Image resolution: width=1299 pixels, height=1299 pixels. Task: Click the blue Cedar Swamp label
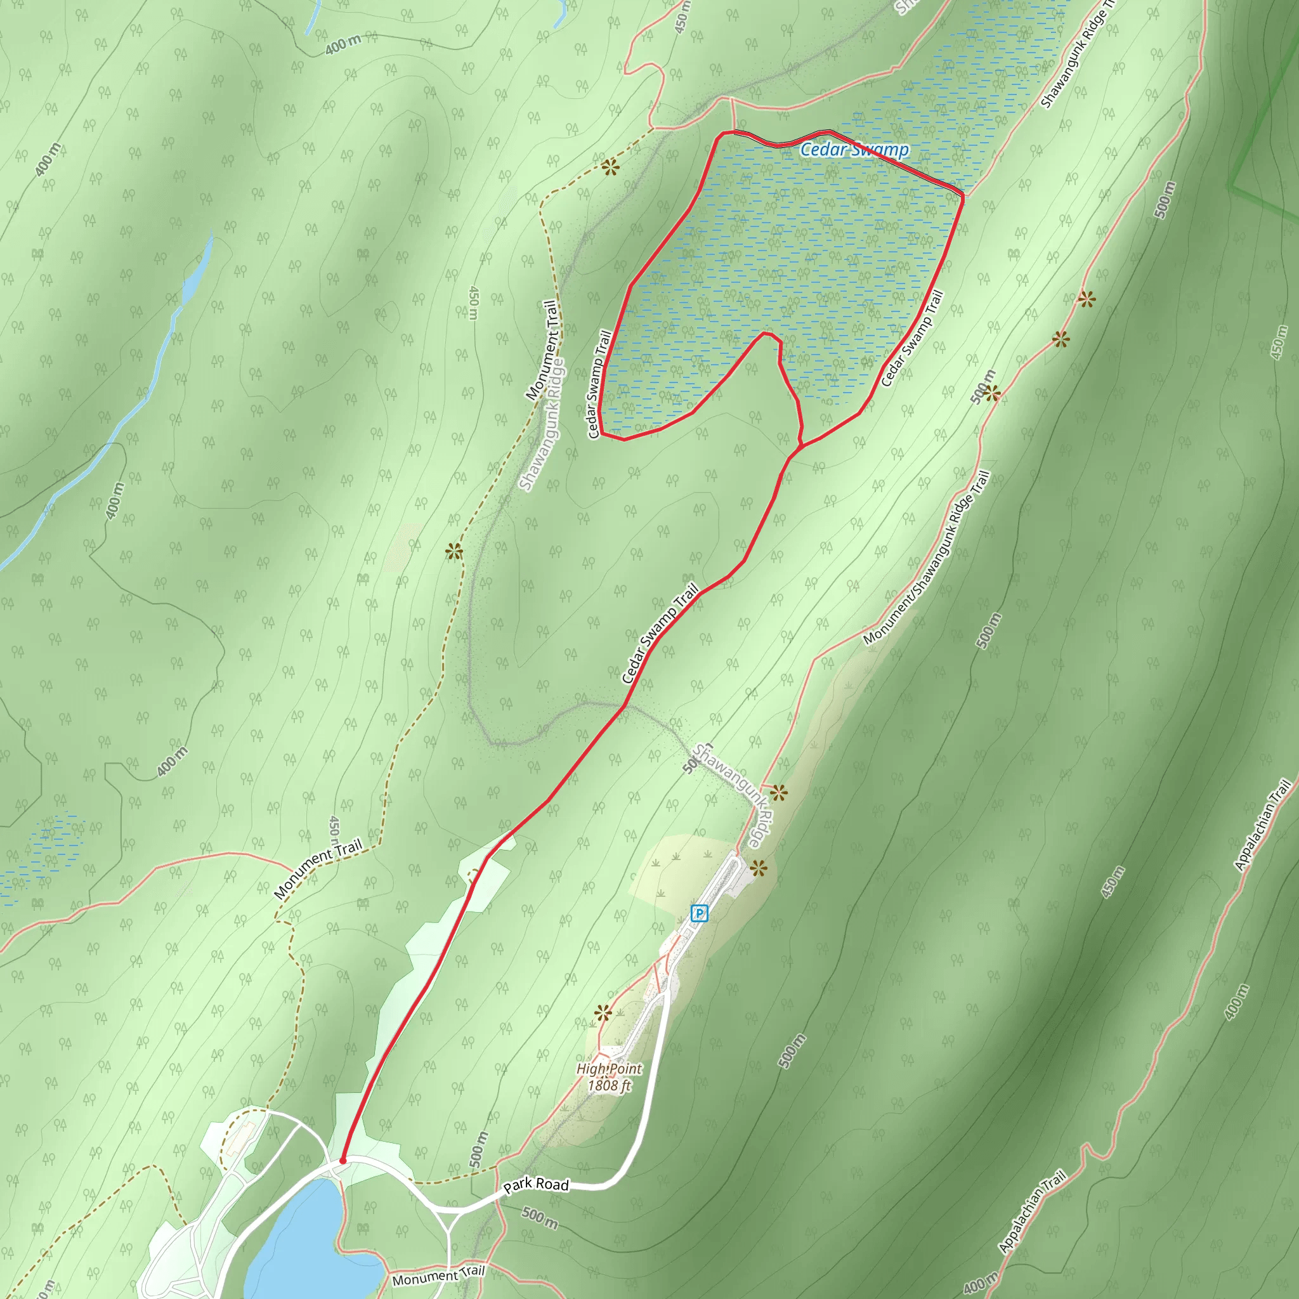point(854,150)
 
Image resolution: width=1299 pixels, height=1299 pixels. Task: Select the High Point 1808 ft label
point(609,1077)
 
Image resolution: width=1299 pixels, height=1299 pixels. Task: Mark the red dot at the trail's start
point(343,1161)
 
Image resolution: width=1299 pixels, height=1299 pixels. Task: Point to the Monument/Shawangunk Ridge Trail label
point(927,558)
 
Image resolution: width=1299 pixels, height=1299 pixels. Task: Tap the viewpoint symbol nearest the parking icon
point(759,869)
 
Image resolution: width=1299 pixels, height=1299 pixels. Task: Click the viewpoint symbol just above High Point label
point(603,1012)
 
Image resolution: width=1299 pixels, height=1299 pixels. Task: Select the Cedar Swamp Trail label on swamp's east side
point(912,337)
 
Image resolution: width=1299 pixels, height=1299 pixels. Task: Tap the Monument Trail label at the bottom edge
point(438,1275)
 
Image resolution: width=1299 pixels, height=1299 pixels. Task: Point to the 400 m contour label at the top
point(343,45)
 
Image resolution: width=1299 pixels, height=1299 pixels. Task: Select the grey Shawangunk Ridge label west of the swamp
point(542,425)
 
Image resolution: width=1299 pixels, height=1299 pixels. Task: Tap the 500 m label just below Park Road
point(539,1218)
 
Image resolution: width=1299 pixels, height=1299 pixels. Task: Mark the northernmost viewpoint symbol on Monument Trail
point(610,168)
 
